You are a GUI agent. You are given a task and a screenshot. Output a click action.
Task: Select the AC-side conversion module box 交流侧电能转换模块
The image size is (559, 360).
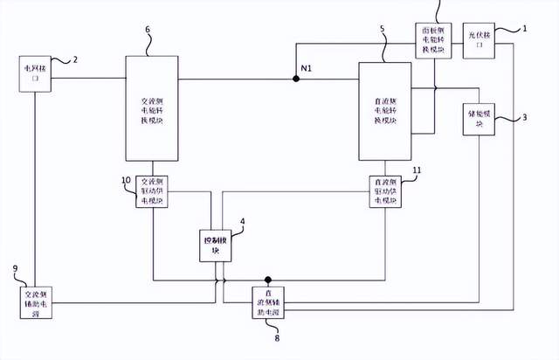(152, 109)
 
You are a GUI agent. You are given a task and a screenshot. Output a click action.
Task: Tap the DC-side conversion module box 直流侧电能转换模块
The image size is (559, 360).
(384, 111)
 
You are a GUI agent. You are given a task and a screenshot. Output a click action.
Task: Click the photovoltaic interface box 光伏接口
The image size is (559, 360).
(479, 39)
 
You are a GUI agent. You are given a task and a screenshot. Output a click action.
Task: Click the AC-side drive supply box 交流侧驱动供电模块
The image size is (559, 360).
(153, 191)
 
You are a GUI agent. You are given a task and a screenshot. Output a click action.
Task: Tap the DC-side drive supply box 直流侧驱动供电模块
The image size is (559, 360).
(385, 191)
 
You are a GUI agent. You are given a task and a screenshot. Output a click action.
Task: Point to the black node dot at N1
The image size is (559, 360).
(296, 79)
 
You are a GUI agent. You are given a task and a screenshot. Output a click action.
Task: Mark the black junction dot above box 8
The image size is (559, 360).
(269, 280)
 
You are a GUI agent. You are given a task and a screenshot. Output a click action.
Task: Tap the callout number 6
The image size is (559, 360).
(147, 30)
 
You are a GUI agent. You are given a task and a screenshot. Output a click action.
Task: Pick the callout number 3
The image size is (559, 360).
(524, 117)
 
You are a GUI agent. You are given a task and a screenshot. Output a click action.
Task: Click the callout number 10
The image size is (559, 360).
(127, 180)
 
